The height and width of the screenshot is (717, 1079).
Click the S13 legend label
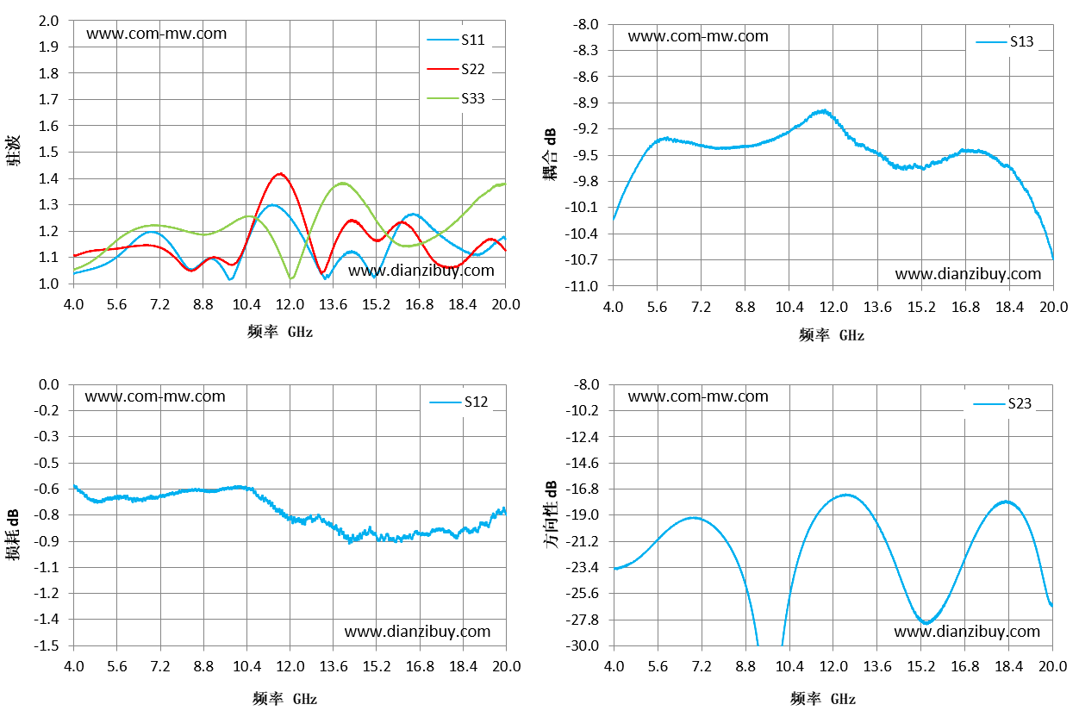(x=1021, y=42)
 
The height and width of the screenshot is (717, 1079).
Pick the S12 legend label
(x=476, y=402)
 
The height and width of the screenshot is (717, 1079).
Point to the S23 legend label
(x=1020, y=403)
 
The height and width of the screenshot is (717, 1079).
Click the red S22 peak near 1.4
(x=280, y=174)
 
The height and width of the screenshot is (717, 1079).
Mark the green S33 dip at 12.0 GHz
(x=290, y=277)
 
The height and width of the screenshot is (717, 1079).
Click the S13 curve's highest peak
(x=824, y=111)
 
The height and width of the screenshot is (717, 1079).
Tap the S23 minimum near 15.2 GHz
(x=926, y=623)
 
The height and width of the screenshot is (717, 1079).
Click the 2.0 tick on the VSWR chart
(x=48, y=22)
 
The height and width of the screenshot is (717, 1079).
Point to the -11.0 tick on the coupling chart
(x=582, y=286)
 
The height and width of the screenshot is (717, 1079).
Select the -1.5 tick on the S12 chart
(x=47, y=645)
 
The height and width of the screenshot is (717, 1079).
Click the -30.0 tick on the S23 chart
(x=582, y=645)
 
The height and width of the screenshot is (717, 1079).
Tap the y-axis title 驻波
(x=14, y=151)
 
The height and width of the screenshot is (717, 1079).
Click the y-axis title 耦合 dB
(x=550, y=154)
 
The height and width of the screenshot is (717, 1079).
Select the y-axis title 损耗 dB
(x=13, y=534)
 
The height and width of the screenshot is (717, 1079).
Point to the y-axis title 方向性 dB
(x=551, y=514)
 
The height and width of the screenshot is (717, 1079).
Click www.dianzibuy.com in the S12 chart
(x=417, y=632)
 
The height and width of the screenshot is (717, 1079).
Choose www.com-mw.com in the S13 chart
(x=698, y=36)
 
